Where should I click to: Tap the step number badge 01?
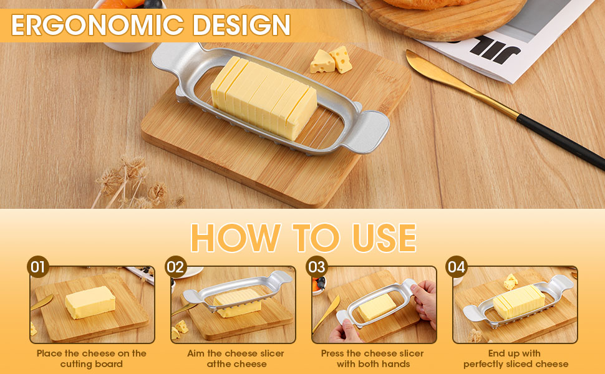(x=38, y=267)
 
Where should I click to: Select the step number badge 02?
(x=176, y=267)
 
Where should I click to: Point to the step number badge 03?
(x=317, y=267)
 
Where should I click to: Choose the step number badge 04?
(x=457, y=267)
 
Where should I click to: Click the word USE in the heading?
(x=376, y=237)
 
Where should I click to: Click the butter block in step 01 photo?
(x=90, y=302)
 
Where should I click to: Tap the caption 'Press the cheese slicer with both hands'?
(x=374, y=358)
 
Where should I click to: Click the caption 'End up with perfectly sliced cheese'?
(x=515, y=358)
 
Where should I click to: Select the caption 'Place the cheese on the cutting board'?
(x=92, y=358)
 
